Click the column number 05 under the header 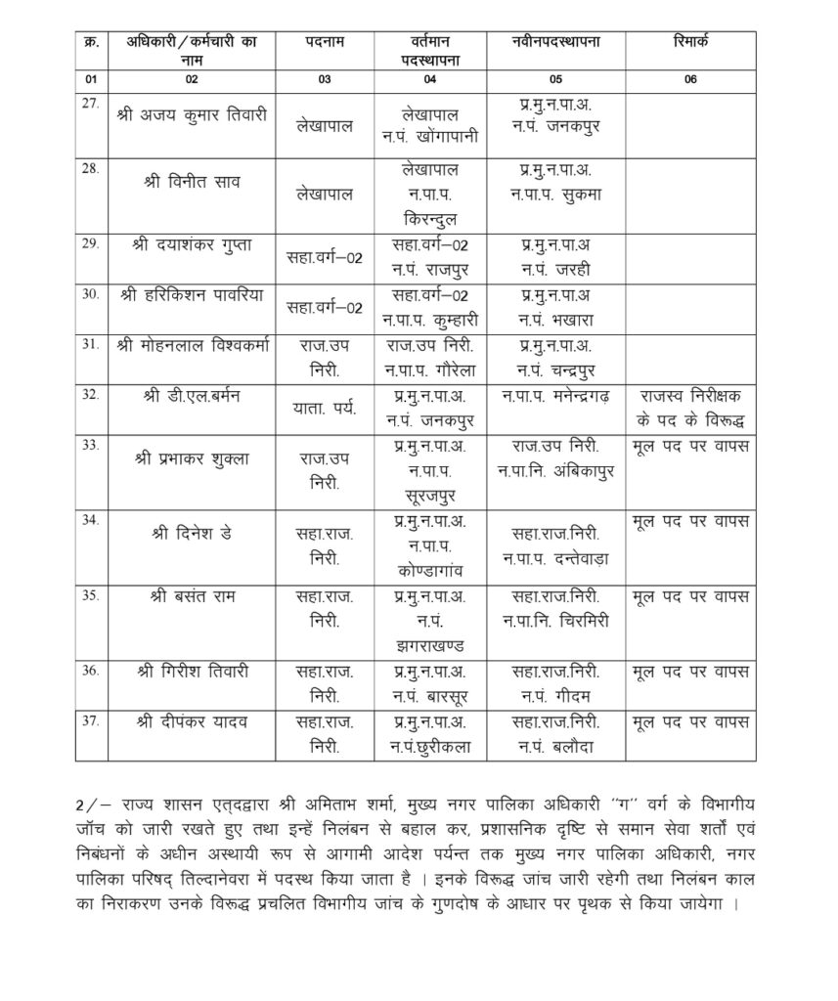point(555,79)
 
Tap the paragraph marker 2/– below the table point(91,804)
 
